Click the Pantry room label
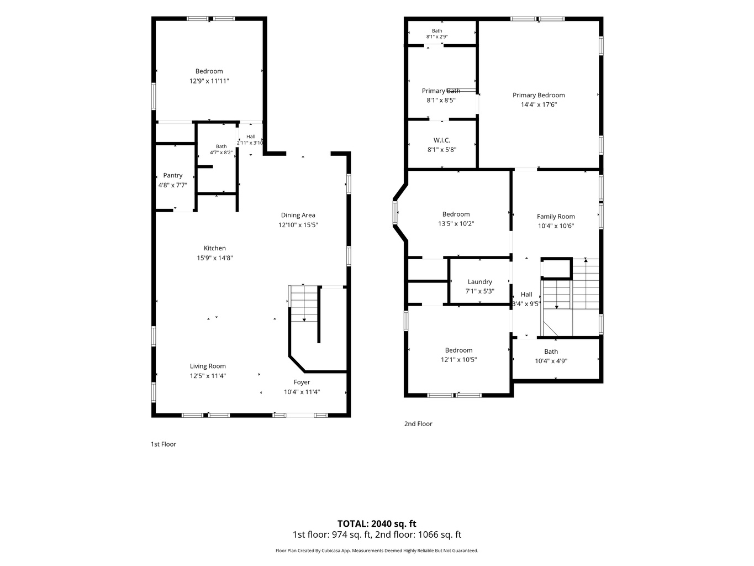click(x=172, y=175)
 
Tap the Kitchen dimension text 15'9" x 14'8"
click(x=215, y=258)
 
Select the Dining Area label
click(x=298, y=215)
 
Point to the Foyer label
click(x=302, y=382)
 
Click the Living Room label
click(x=208, y=366)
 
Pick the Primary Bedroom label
click(x=538, y=95)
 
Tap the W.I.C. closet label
click(x=441, y=140)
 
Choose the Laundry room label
click(x=479, y=282)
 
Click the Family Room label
click(x=556, y=217)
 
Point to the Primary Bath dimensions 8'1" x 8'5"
click(x=441, y=101)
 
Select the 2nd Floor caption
click(x=418, y=424)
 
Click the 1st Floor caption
click(x=163, y=444)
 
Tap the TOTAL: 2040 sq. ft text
click(x=377, y=523)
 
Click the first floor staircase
click(x=304, y=304)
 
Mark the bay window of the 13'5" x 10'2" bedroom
click(x=395, y=213)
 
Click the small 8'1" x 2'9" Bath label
click(x=437, y=31)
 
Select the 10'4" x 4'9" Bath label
click(x=551, y=352)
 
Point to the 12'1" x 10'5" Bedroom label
click(x=458, y=350)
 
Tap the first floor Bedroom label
click(x=209, y=71)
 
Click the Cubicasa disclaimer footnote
click(x=377, y=551)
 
